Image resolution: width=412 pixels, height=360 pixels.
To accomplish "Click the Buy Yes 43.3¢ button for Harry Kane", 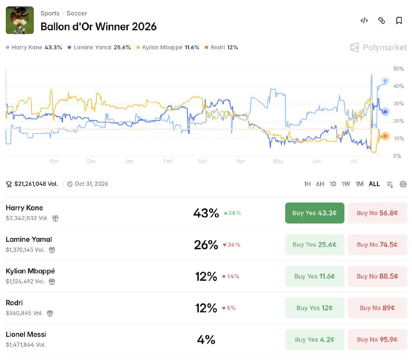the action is tap(314, 213).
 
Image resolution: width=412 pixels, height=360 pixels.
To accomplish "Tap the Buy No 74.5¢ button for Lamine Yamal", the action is tap(377, 245).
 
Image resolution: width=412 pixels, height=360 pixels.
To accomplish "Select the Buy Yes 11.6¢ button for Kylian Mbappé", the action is tap(314, 276).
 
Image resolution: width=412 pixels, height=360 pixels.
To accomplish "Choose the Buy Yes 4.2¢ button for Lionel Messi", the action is tap(314, 339).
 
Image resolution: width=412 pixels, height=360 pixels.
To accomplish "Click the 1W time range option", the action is tap(345, 184).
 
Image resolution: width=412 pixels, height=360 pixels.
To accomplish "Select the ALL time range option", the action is tap(374, 184).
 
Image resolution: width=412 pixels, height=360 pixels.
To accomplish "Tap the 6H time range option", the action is tap(320, 184).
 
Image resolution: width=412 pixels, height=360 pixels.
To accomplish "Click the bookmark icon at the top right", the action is tap(399, 20).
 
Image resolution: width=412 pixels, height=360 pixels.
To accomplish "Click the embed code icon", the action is tap(364, 20).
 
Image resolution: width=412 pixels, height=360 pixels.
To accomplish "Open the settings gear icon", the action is tap(403, 184).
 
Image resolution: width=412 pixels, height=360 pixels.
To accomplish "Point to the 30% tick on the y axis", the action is tap(399, 103).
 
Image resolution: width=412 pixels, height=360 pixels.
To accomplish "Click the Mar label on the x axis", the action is tap(202, 161).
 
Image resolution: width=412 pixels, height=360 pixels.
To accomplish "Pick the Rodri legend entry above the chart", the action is tap(221, 47).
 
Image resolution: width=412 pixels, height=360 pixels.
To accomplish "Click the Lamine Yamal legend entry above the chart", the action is tap(99, 47).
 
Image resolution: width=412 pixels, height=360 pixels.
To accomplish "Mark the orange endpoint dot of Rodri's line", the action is tap(385, 136).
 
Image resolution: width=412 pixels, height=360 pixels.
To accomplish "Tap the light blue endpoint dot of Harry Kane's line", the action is tap(385, 81).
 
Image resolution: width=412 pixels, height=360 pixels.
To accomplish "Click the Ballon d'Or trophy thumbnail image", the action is tap(20, 20).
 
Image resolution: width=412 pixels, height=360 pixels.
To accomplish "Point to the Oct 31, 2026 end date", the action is tap(91, 184).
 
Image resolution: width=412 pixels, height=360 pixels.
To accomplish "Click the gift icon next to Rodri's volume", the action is tap(50, 313).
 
